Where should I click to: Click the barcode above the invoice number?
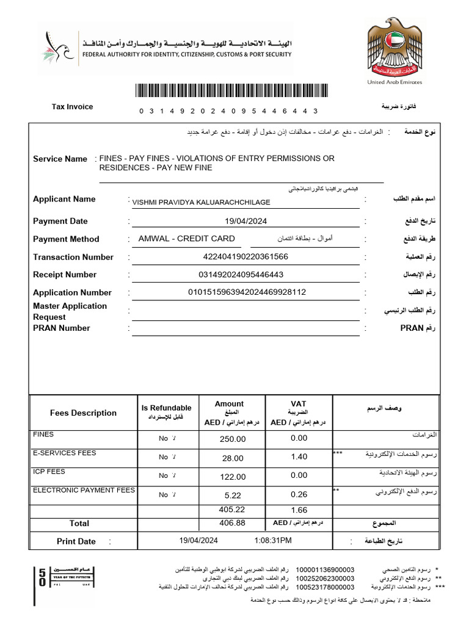[230, 92]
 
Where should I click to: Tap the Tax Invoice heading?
[72, 107]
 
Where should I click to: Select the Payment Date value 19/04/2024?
[245, 222]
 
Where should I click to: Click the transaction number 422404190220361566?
[245, 257]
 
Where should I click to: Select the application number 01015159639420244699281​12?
[247, 292]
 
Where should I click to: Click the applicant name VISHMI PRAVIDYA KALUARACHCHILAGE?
[201, 202]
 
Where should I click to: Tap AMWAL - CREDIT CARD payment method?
[186, 239]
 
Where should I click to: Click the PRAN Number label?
[61, 328]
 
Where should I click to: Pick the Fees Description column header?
[83, 413]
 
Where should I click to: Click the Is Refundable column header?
[166, 408]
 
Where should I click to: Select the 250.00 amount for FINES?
[233, 439]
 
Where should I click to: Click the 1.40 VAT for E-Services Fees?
[299, 457]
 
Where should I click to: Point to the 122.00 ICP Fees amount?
[233, 477]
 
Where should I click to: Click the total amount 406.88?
[232, 523]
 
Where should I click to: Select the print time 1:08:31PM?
[273, 540]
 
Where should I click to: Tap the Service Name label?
[60, 159]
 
